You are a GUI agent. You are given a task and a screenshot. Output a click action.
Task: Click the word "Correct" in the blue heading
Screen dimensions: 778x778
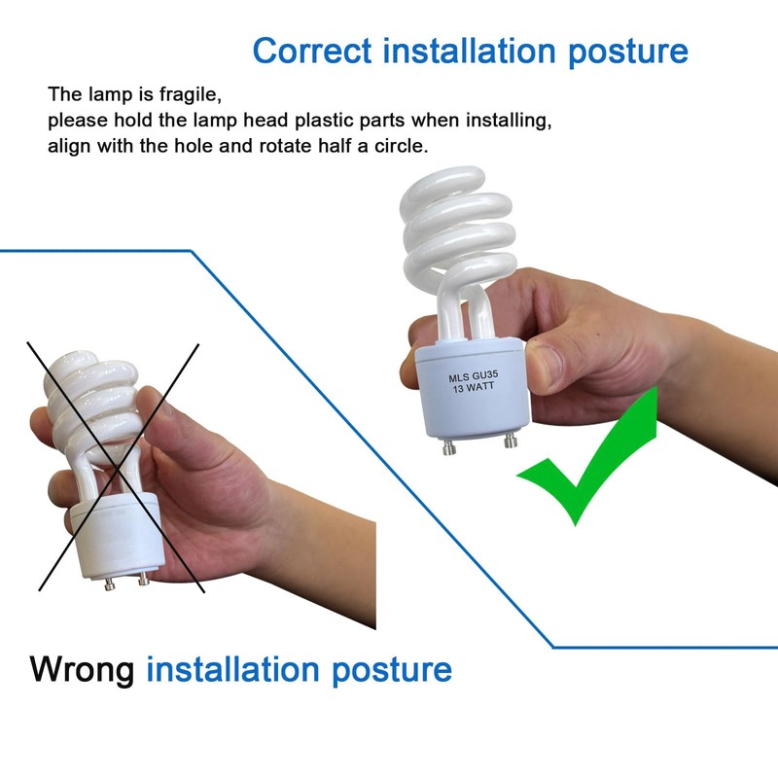(x=312, y=51)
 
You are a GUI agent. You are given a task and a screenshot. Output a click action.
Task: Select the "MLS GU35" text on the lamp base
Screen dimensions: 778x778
(x=473, y=376)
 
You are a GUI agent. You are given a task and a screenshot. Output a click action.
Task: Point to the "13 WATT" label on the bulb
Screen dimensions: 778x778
(x=474, y=387)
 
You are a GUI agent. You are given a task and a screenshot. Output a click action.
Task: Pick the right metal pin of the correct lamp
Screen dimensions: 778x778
(x=511, y=441)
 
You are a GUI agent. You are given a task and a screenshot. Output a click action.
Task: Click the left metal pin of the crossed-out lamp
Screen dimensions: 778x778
(x=109, y=584)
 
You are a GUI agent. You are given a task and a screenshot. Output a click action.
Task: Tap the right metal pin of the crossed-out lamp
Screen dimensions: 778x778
(x=144, y=579)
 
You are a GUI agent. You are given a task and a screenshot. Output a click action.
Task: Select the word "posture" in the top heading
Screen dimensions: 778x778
(x=628, y=52)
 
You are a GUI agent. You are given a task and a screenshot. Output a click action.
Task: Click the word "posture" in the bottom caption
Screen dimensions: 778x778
(x=392, y=671)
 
